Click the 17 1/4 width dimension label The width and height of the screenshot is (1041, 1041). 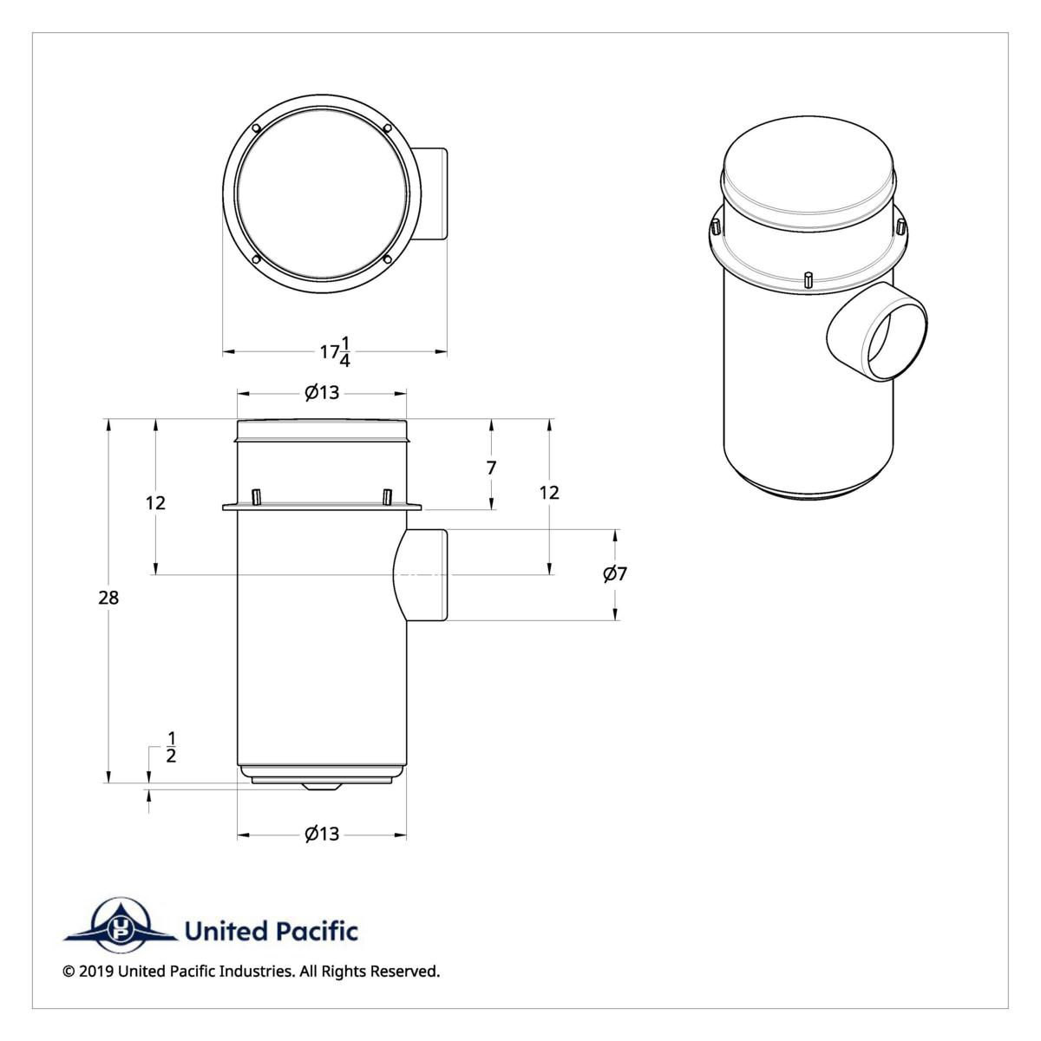(336, 351)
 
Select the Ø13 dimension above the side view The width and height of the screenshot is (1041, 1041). (322, 393)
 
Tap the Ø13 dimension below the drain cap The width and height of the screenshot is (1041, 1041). (322, 835)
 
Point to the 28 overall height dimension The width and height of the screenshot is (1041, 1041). (108, 598)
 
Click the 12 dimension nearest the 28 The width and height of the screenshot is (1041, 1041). (155, 503)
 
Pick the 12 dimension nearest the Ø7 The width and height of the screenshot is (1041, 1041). (549, 493)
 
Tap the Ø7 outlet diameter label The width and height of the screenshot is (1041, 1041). (615, 573)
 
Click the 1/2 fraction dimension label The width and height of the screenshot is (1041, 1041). (171, 747)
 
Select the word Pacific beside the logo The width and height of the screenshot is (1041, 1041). (317, 932)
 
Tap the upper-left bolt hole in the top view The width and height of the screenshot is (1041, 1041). (256, 130)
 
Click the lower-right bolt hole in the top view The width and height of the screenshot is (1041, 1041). (386, 259)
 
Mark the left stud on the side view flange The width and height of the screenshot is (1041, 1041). (256, 496)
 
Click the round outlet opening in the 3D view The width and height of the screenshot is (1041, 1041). (894, 337)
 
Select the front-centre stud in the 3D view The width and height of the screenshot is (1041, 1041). (808, 279)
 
